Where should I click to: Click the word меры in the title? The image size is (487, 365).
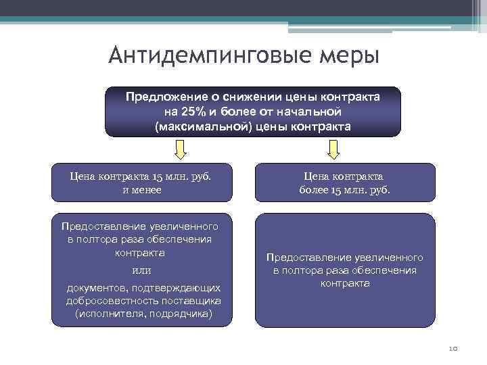(352, 55)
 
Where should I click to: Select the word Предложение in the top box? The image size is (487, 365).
(160, 97)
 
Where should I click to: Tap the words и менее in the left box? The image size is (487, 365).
(142, 190)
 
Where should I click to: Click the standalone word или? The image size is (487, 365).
(141, 270)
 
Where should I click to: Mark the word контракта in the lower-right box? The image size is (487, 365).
(345, 283)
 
